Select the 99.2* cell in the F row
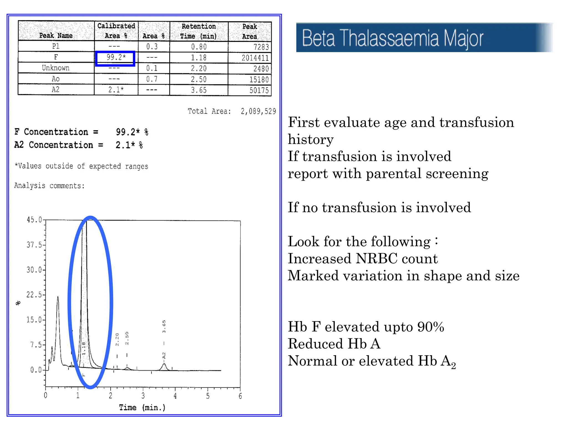click(116, 57)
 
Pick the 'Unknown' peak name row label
click(55, 68)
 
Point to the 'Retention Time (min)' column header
click(199, 31)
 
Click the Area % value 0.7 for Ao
click(152, 79)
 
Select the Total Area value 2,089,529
click(258, 111)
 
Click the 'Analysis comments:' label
click(49, 186)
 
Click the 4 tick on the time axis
click(175, 396)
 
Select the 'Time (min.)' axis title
click(142, 407)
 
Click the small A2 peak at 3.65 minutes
click(164, 367)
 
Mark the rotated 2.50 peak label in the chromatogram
click(127, 338)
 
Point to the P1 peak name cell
click(55, 46)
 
